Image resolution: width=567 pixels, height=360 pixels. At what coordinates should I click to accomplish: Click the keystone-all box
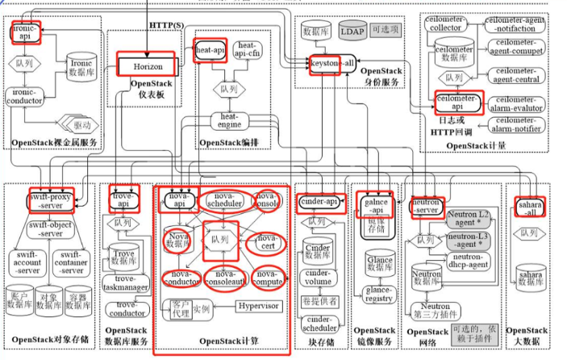(x=332, y=63)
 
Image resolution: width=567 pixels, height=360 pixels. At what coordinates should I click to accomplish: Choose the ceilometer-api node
(x=457, y=102)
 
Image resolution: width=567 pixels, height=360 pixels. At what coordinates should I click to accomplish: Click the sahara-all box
(x=529, y=207)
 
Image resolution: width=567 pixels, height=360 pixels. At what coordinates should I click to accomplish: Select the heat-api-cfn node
(x=247, y=51)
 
